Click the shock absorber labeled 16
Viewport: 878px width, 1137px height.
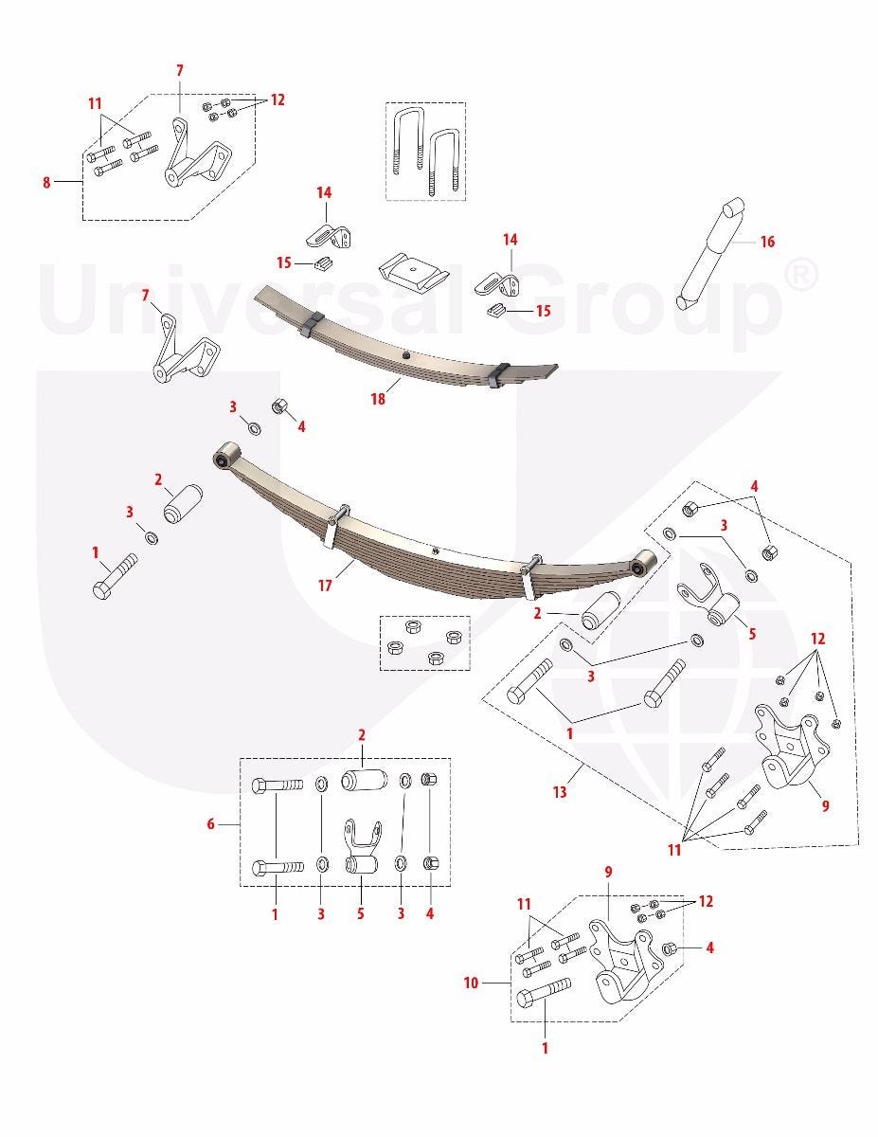[710, 254]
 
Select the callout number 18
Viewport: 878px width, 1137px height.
[378, 399]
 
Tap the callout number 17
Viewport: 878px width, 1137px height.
[325, 585]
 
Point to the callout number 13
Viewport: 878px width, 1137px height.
[560, 792]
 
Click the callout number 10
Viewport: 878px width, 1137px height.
[471, 983]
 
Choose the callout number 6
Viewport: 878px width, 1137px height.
[210, 824]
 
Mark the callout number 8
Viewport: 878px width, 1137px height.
[46, 182]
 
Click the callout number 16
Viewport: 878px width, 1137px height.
[766, 242]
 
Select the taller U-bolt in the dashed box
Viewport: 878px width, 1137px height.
[407, 139]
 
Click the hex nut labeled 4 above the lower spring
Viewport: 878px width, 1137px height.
[278, 406]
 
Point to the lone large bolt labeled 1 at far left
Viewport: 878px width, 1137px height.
[115, 576]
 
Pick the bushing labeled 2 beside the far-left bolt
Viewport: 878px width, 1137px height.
[183, 503]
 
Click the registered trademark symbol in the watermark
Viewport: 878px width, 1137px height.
[799, 277]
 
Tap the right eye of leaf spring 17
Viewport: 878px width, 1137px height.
[643, 563]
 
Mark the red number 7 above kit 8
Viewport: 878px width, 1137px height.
[179, 71]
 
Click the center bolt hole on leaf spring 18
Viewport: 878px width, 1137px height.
[405, 356]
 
